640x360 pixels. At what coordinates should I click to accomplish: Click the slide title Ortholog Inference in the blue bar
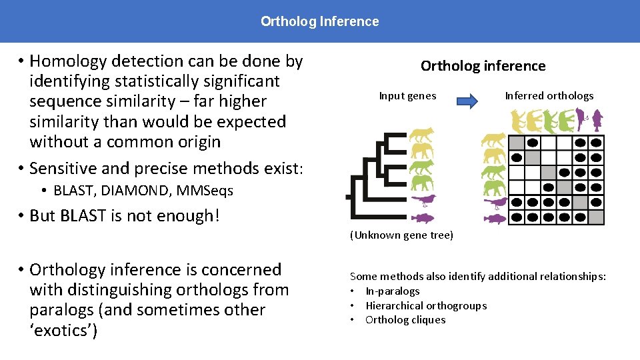click(x=319, y=21)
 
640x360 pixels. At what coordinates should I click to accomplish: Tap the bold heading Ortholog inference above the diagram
click(x=483, y=65)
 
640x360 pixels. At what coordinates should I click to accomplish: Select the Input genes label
click(x=407, y=96)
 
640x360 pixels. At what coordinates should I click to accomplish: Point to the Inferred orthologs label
click(x=549, y=96)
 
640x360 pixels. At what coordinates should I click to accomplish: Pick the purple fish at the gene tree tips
click(x=423, y=217)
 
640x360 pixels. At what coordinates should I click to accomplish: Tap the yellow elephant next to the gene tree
click(x=423, y=151)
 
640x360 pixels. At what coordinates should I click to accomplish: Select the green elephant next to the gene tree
click(x=423, y=182)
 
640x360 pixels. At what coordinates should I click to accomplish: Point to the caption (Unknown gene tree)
click(x=401, y=235)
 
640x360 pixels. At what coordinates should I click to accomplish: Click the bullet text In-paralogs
click(x=393, y=291)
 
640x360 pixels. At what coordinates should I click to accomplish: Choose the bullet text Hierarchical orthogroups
click(x=426, y=305)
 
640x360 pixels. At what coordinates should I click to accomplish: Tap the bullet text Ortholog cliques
click(x=405, y=320)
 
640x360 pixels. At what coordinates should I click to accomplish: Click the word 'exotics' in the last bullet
click(x=64, y=331)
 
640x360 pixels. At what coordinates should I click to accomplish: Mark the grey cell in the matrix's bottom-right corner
click(x=596, y=217)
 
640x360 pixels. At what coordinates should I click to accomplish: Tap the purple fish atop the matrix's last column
click(x=597, y=119)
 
